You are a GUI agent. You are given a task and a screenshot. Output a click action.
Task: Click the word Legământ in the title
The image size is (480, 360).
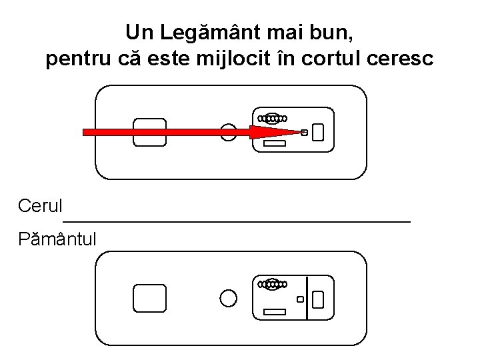click(211, 33)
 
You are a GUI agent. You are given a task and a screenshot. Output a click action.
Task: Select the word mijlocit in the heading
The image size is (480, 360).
click(233, 59)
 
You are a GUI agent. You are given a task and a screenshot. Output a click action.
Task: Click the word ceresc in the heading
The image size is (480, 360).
click(400, 59)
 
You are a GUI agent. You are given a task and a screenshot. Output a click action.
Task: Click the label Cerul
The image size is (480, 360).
click(40, 205)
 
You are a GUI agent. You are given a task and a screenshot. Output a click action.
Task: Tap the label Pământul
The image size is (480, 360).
click(57, 239)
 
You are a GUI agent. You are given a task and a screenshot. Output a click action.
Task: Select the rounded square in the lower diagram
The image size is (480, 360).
click(150, 298)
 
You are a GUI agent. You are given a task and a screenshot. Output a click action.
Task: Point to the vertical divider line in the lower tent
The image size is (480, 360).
click(307, 298)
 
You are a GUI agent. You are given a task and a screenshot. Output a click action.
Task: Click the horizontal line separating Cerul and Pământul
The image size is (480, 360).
click(237, 221)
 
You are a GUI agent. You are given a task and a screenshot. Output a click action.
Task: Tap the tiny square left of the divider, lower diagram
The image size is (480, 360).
click(300, 299)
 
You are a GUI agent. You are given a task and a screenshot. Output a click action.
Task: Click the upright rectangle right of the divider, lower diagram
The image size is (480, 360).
click(318, 299)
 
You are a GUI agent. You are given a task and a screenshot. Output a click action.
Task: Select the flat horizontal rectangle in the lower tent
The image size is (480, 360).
click(275, 312)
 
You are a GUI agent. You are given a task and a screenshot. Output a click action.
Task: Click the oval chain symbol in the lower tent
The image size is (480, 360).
click(273, 285)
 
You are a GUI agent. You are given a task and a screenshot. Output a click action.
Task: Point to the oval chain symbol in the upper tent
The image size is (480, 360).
click(273, 119)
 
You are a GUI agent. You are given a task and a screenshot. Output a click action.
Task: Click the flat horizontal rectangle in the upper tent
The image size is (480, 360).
click(275, 143)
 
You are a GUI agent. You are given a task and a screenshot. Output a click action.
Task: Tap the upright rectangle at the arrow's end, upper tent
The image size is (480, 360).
click(318, 132)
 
